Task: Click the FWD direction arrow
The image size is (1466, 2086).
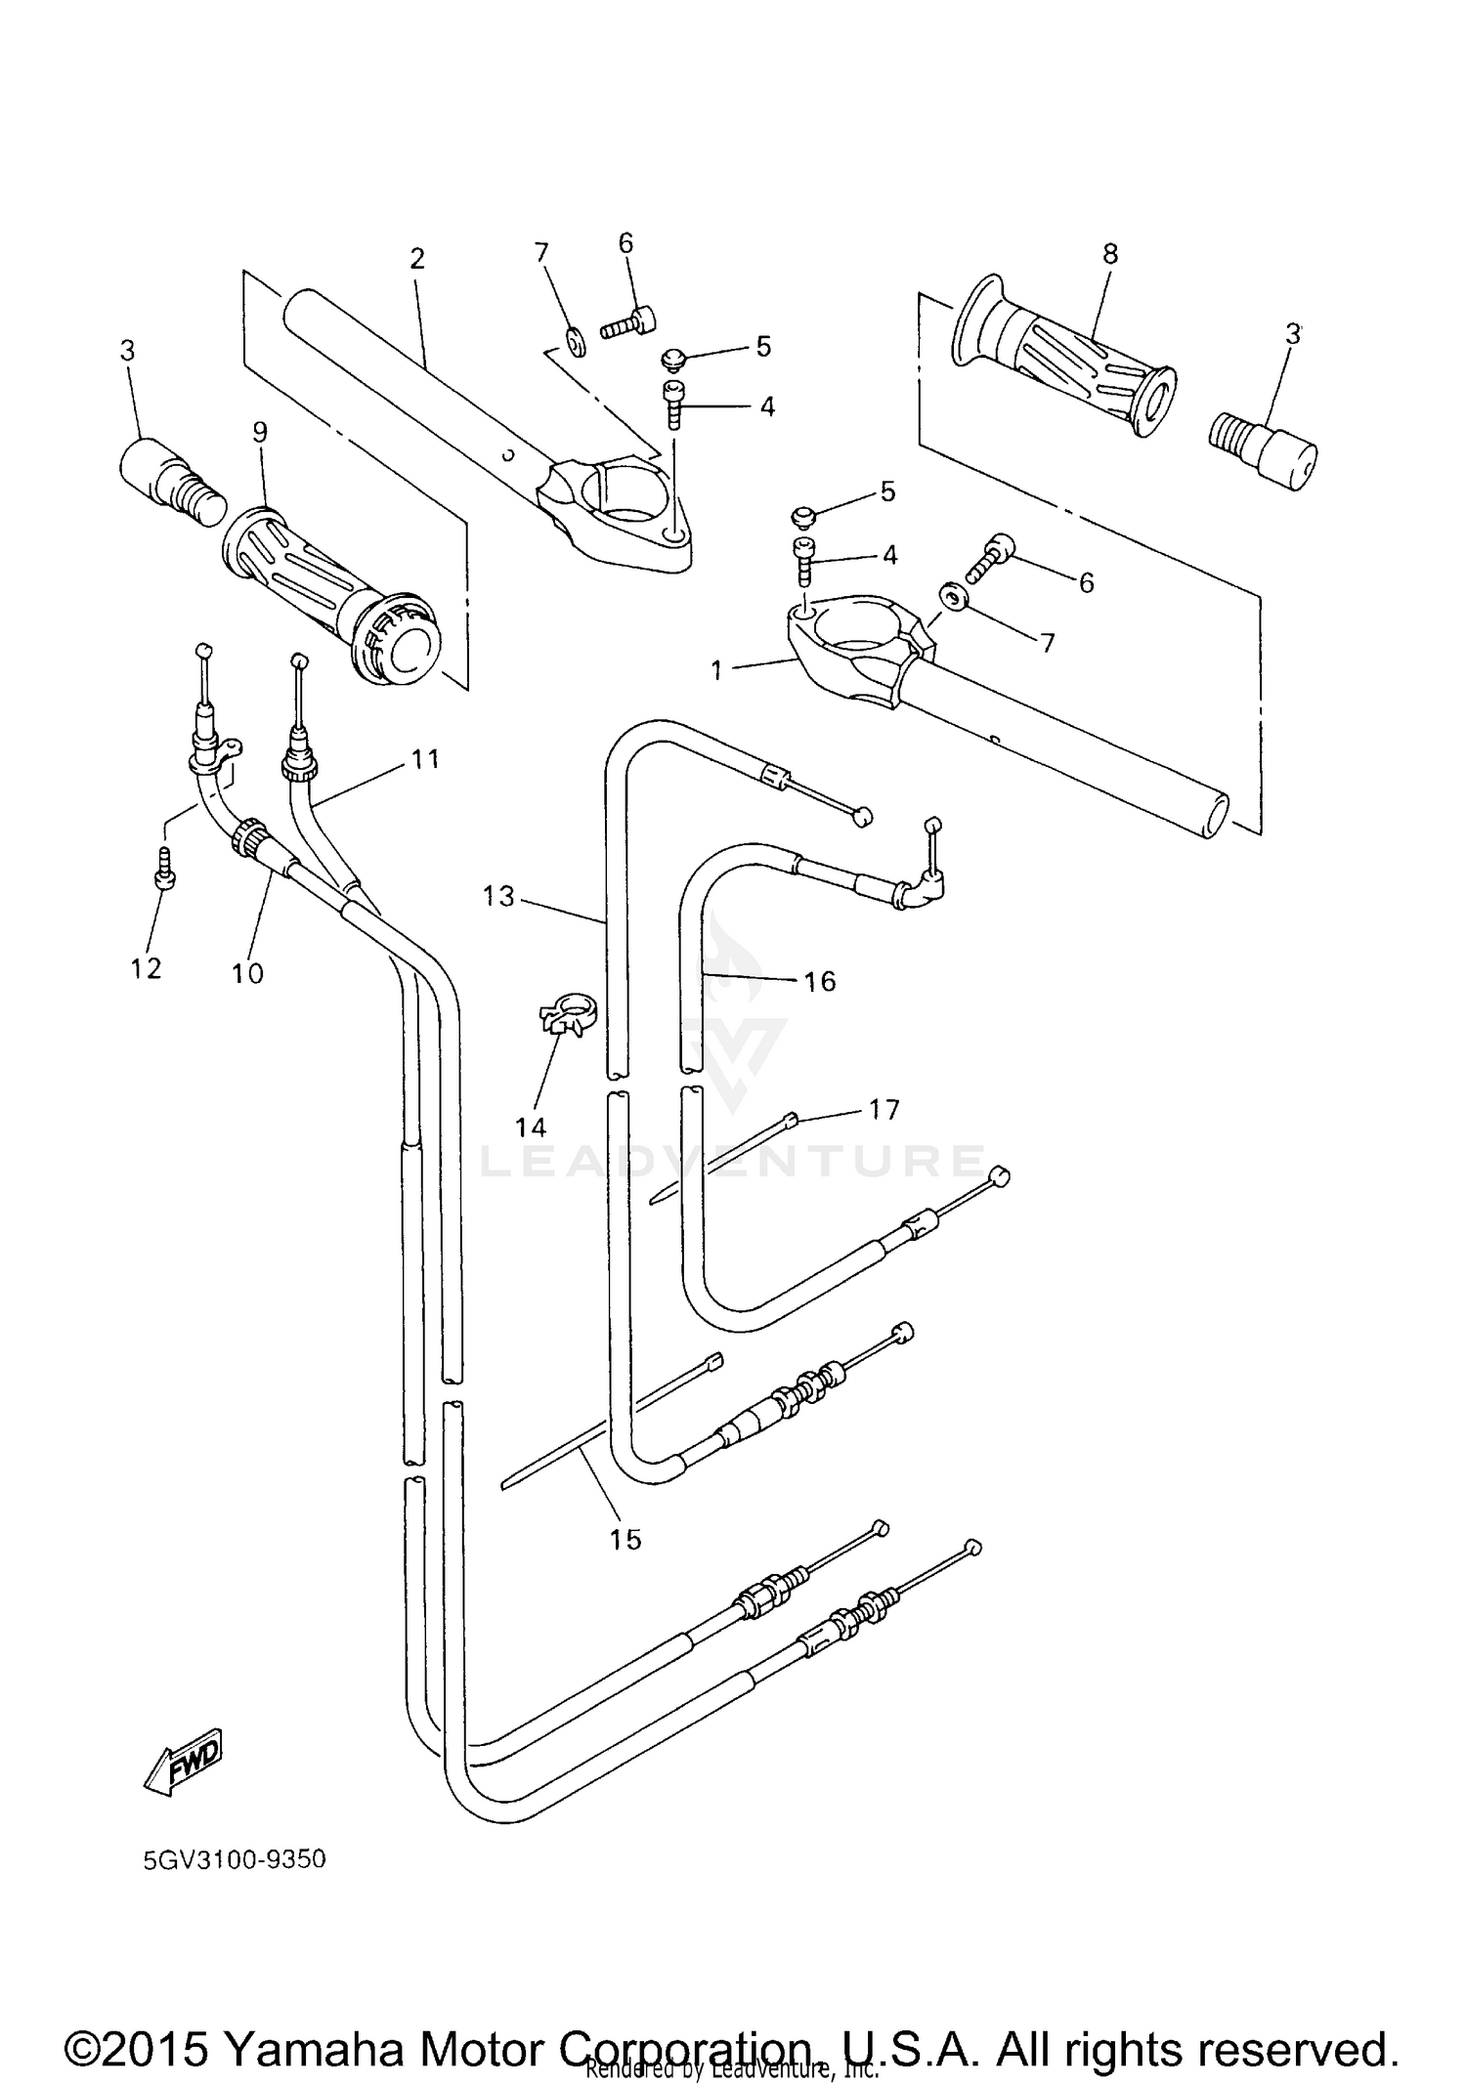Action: [184, 1761]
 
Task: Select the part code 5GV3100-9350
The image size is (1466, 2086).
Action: [235, 1858]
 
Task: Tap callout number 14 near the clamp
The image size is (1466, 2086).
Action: [531, 1128]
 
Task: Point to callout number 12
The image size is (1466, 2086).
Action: [147, 968]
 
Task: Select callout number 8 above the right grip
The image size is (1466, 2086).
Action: [1109, 254]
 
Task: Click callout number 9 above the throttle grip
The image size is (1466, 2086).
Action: [259, 432]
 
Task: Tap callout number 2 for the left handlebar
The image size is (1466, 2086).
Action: [417, 259]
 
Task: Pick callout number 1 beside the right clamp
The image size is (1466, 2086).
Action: [716, 671]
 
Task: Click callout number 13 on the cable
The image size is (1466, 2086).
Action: [498, 896]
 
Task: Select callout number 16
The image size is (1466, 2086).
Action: [820, 981]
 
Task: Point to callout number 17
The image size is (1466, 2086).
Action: [884, 1110]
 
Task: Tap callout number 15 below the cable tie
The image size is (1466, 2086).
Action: [625, 1540]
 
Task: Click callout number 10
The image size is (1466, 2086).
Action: [247, 973]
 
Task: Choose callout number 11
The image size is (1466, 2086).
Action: [425, 758]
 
